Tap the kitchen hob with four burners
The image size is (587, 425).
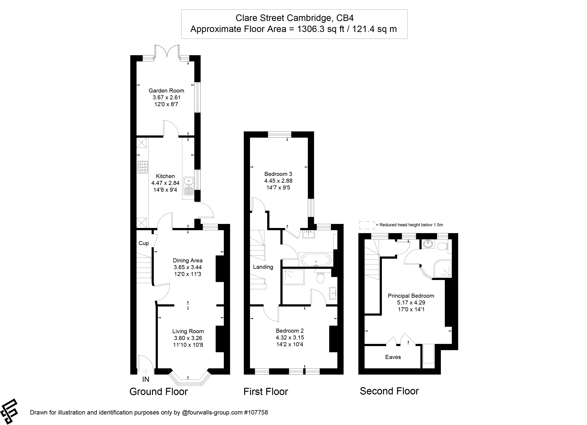tap(143, 167)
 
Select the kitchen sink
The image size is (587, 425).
tap(189, 186)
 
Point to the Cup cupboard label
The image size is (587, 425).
tap(144, 243)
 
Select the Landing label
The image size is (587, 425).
tap(263, 267)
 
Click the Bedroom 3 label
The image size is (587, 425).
tap(278, 174)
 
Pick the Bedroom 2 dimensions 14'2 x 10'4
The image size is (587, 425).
tap(290, 344)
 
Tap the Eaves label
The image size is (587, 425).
tap(393, 357)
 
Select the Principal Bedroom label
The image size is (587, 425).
tap(411, 296)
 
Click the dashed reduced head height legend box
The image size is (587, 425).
tap(367, 225)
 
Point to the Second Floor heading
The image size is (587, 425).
tap(389, 391)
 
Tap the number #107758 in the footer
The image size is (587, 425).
tap(256, 412)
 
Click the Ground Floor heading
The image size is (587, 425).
tap(158, 392)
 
